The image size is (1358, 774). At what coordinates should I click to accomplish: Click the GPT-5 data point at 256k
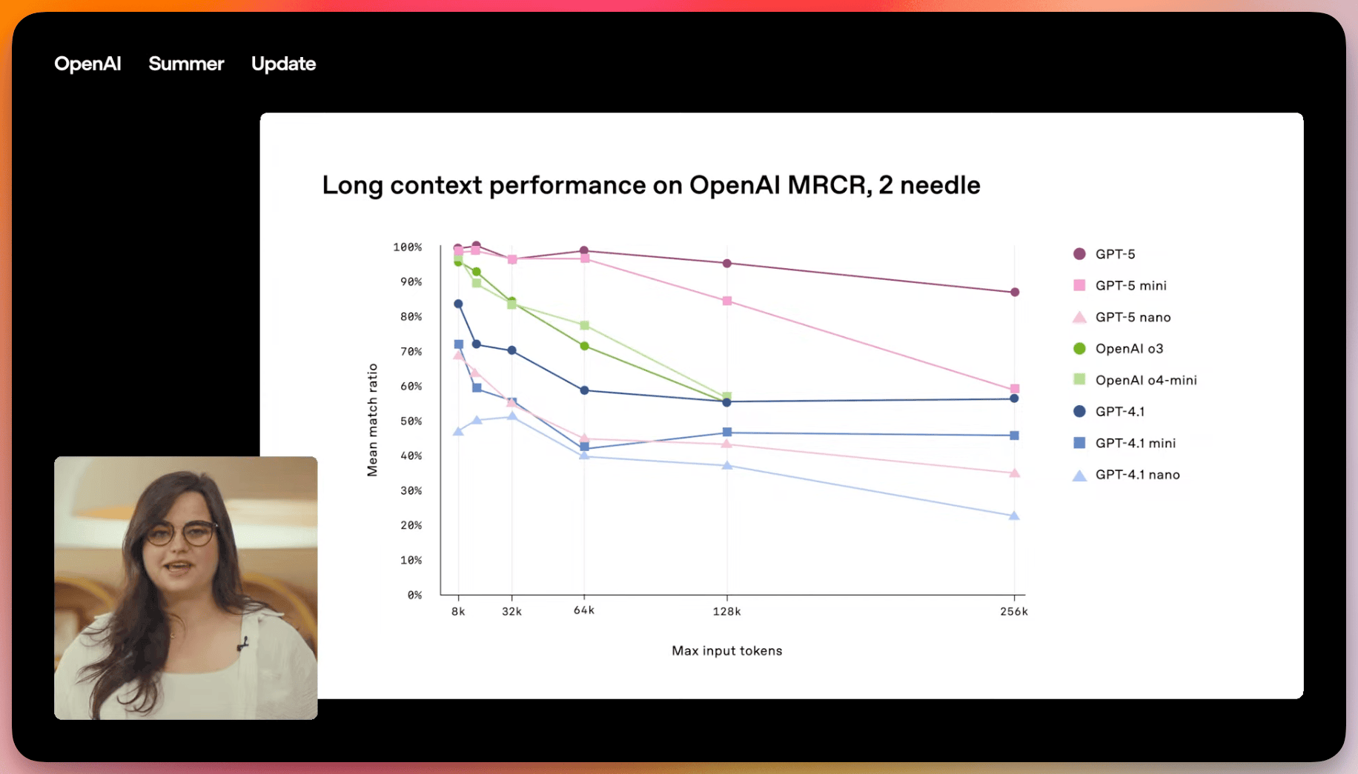(x=1014, y=293)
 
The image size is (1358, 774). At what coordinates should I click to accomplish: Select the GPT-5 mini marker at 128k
(x=726, y=301)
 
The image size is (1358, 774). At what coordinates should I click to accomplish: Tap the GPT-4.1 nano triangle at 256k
(x=1014, y=516)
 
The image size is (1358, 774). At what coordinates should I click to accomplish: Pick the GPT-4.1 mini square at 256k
(x=1014, y=436)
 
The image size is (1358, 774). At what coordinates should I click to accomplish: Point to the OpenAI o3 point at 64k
(x=584, y=346)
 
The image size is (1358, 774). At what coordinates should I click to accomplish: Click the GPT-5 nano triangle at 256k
(x=1014, y=473)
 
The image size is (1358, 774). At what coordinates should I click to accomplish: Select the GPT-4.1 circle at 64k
(x=584, y=390)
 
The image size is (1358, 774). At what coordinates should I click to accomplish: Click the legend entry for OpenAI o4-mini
(x=1145, y=380)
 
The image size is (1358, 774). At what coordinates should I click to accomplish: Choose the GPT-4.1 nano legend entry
(x=1137, y=475)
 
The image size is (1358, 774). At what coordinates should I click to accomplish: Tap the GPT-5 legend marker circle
(x=1079, y=254)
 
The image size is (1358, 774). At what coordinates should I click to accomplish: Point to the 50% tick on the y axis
(x=411, y=421)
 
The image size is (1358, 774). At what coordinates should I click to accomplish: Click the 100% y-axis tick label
(x=408, y=247)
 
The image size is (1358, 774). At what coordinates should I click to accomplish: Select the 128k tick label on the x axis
(x=726, y=612)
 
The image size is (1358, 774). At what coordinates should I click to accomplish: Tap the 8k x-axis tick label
(x=458, y=612)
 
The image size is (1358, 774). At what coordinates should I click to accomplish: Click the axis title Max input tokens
(x=726, y=651)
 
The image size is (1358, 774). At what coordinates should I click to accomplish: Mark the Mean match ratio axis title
(x=372, y=420)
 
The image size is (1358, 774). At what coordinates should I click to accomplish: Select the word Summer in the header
(x=186, y=64)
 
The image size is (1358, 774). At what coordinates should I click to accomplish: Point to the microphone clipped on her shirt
(x=242, y=644)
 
